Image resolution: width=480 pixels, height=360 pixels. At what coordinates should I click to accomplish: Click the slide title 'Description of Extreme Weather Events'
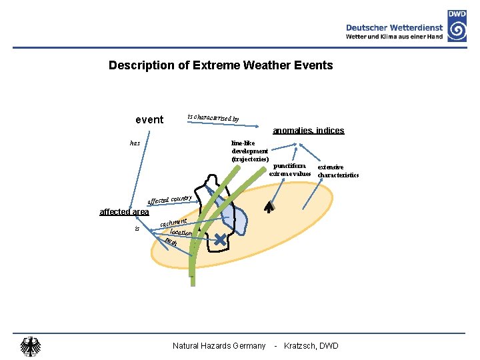coord(221,65)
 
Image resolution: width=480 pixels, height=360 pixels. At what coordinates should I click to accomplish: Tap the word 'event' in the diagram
coord(149,120)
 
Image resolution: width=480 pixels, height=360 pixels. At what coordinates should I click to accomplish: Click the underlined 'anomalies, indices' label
coord(308,131)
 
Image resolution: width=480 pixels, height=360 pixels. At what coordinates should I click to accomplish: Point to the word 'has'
coord(135,143)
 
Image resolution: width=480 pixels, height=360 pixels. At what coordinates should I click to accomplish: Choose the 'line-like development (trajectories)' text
coord(250,151)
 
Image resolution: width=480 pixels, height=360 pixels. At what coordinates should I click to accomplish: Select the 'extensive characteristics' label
coord(338,171)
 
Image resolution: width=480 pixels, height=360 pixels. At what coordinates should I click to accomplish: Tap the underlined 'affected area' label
coord(124,212)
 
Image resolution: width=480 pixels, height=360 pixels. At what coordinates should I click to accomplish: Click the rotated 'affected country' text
coord(169,199)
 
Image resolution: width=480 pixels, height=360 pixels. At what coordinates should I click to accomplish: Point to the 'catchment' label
coord(173,219)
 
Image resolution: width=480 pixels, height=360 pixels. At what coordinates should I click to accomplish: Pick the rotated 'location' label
coord(181,233)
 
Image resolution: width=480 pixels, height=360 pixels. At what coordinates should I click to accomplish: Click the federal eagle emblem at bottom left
coord(30,346)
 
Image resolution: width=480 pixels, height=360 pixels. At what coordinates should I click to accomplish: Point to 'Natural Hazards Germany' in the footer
coord(219,345)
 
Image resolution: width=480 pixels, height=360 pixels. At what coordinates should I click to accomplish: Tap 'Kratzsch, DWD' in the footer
coord(311,345)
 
